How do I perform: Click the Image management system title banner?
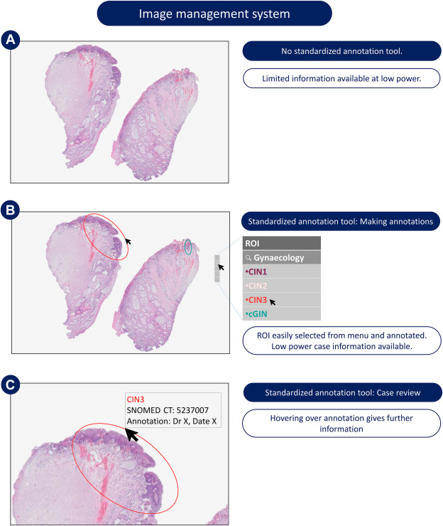[x=221, y=14]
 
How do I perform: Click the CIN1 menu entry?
[x=256, y=272]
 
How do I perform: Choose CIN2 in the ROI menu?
[x=256, y=286]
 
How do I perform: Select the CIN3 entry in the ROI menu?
[x=257, y=300]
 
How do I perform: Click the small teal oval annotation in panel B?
[x=188, y=247]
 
